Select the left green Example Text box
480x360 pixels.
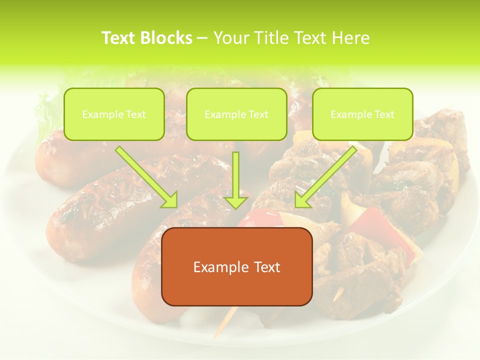[x=114, y=114]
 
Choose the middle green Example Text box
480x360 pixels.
[x=236, y=114]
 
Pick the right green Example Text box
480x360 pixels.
[x=362, y=114]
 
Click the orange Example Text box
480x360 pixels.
[x=236, y=266]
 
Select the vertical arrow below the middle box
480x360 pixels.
[x=236, y=180]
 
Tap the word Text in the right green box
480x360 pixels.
[x=384, y=114]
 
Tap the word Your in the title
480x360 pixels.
[x=229, y=38]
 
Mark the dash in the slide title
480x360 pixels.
[x=203, y=38]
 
